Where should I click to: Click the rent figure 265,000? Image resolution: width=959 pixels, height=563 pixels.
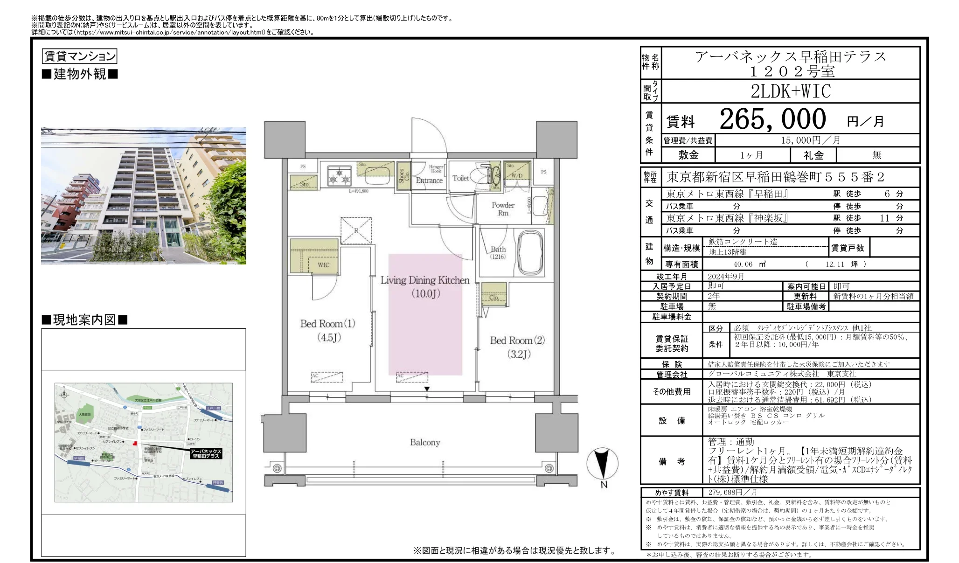click(772, 119)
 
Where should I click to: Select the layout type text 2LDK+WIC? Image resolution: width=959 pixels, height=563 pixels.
click(791, 91)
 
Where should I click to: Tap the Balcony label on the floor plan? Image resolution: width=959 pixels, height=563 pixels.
click(424, 442)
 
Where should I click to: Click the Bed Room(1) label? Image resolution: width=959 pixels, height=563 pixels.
click(327, 324)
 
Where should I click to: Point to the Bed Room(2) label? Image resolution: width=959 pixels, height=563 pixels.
click(517, 341)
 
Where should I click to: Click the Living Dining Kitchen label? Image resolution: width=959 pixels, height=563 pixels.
click(424, 280)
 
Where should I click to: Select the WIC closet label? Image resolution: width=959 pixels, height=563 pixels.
click(323, 265)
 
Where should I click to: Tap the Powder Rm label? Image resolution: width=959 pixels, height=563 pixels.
click(503, 209)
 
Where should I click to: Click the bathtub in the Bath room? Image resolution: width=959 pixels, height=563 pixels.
click(530, 252)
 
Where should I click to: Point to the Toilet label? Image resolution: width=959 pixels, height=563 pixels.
click(460, 178)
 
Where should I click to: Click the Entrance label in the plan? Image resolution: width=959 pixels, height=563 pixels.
click(429, 181)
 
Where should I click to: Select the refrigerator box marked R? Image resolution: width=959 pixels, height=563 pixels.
click(356, 230)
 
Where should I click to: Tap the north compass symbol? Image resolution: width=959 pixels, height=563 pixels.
click(602, 464)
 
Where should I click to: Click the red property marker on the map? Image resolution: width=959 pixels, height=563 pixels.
click(135, 443)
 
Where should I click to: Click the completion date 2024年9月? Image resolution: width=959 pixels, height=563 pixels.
click(726, 277)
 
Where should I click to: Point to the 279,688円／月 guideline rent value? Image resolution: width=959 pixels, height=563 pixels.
click(732, 493)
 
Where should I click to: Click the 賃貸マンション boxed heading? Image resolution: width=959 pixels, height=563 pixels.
click(79, 56)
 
